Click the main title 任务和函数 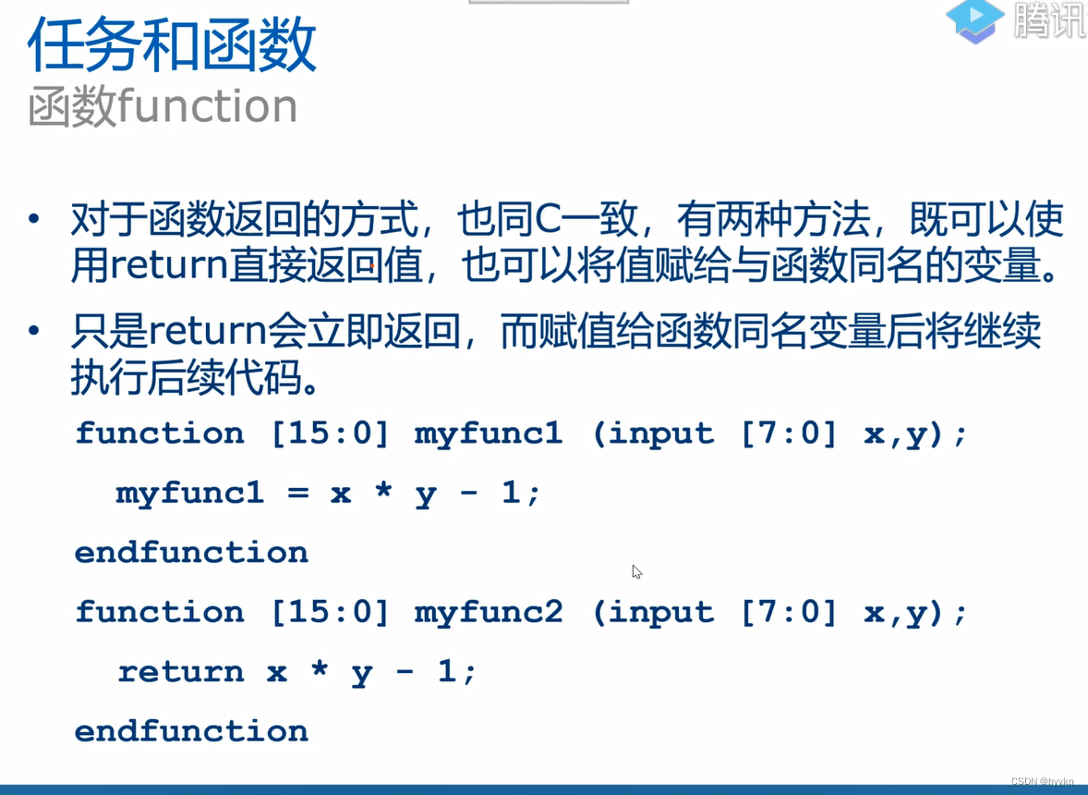(x=172, y=45)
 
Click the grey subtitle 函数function (x=163, y=107)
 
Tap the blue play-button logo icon (x=974, y=20)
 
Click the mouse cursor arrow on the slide (x=636, y=571)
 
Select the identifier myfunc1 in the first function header (x=488, y=434)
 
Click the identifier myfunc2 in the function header (x=488, y=612)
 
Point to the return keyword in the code (x=180, y=672)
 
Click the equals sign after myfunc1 (x=297, y=493)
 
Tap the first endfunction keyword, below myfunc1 (x=191, y=553)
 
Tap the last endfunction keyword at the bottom (x=191, y=731)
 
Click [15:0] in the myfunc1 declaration (x=330, y=434)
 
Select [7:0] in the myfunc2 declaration (x=789, y=612)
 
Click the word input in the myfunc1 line (x=661, y=434)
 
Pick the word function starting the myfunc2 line (x=160, y=612)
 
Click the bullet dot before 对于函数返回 (x=34, y=221)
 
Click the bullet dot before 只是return (x=34, y=330)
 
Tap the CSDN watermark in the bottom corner (x=1042, y=782)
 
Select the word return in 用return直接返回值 (x=169, y=267)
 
